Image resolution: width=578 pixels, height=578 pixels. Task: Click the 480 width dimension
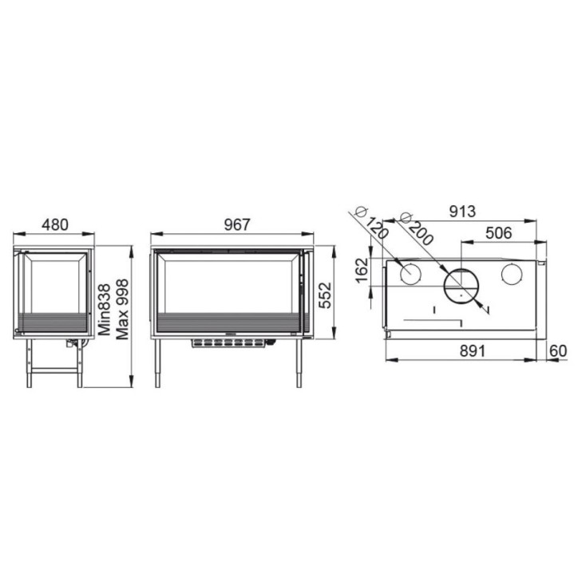(x=55, y=224)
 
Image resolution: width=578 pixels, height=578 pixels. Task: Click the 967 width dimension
(x=237, y=224)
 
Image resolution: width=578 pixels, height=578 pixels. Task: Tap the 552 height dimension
(x=325, y=295)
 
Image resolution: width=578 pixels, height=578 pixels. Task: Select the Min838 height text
(x=105, y=309)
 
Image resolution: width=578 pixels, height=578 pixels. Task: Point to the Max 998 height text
(x=122, y=309)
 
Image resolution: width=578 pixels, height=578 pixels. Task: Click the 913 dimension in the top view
(x=462, y=212)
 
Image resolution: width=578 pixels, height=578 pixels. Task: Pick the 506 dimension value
(x=499, y=233)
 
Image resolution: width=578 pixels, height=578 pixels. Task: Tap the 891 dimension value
(x=473, y=351)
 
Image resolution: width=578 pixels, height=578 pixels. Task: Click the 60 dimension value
(x=558, y=351)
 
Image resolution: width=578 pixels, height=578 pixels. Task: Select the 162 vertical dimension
(x=362, y=270)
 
